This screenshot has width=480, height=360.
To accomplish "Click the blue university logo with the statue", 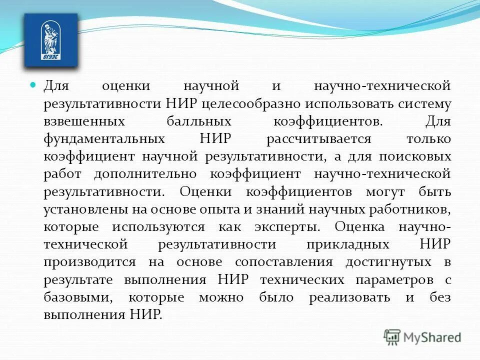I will coord(51,40).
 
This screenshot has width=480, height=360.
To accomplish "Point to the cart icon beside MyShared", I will coord(392,337).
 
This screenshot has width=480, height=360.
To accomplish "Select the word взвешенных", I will coord(83,121).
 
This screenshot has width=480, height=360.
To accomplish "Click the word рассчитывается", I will coord(318,139).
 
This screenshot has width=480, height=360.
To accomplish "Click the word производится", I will coord(89,262).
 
